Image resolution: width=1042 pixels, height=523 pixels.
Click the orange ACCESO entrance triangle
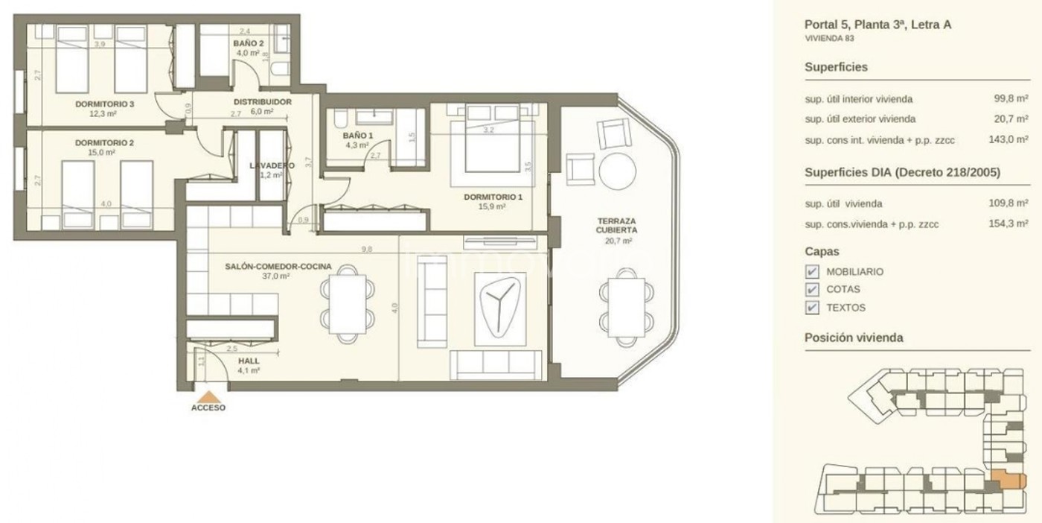click(208, 396)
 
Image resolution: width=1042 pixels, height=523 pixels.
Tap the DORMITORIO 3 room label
click(105, 104)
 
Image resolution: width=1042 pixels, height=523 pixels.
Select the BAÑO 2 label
click(249, 43)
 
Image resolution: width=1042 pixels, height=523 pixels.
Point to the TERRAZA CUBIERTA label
click(617, 226)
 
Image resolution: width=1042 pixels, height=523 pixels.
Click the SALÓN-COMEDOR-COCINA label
click(278, 267)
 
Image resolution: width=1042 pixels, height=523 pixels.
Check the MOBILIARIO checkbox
click(812, 271)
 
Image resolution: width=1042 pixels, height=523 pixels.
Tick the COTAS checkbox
click(812, 290)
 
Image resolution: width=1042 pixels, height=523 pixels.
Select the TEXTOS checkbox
click(812, 308)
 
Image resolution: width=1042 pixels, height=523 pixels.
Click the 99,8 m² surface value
click(1011, 99)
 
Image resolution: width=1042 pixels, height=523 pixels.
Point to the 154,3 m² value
click(1009, 224)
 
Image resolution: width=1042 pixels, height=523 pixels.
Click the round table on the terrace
click(617, 171)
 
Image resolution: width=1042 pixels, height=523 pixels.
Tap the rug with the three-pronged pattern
click(500, 308)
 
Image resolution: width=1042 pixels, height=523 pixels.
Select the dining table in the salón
click(348, 304)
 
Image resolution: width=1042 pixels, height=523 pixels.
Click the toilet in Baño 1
click(340, 118)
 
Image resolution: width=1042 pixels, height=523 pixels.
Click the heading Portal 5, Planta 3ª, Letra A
click(878, 25)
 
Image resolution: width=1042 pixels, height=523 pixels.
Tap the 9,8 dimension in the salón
click(367, 249)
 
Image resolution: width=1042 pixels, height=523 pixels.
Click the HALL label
click(249, 361)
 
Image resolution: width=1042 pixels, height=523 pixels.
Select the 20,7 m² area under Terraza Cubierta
click(619, 241)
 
